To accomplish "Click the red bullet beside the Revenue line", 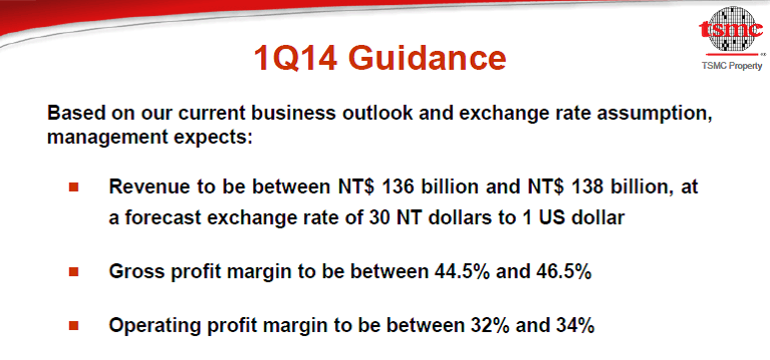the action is (74, 186).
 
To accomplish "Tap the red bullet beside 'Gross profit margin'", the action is (74, 271).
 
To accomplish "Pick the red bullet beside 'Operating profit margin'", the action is (74, 325).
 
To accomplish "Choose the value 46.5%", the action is (564, 271).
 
